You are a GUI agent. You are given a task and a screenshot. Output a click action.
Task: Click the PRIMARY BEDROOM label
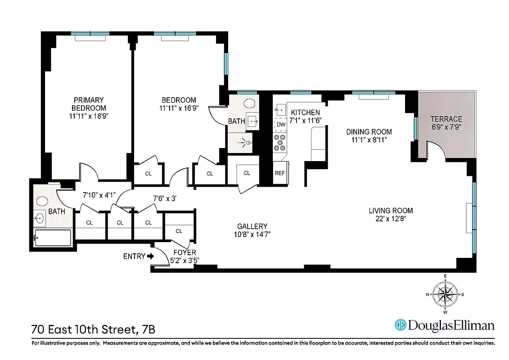(89, 104)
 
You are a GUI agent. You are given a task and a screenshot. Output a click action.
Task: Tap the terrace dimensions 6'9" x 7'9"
(446, 127)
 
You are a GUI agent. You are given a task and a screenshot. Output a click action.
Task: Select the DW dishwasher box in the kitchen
(281, 125)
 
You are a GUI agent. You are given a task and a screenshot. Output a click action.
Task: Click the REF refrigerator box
(280, 173)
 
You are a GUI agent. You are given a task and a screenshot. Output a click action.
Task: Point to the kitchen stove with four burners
(280, 143)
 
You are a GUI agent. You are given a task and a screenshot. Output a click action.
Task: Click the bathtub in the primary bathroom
(52, 238)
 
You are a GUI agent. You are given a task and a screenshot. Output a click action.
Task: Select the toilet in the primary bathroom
(42, 201)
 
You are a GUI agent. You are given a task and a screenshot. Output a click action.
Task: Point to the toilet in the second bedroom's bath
(249, 103)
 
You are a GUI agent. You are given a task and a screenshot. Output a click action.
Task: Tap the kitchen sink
(280, 109)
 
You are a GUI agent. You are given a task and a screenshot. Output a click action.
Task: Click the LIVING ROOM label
(391, 211)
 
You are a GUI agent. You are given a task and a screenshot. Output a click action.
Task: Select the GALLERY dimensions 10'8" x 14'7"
(252, 234)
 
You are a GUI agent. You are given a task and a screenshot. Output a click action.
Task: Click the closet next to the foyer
(178, 231)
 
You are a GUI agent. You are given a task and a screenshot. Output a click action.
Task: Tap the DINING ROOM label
(369, 132)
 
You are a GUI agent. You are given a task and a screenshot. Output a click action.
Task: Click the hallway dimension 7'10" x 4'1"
(99, 195)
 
